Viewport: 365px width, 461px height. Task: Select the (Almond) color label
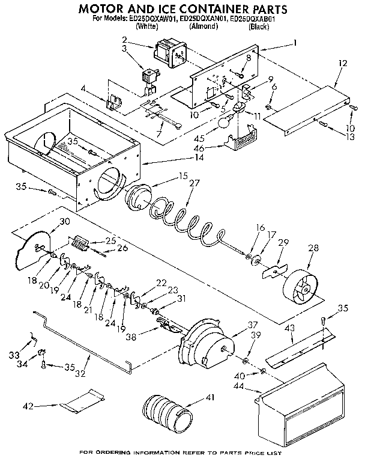(204, 27)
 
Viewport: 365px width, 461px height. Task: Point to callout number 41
(210, 397)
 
